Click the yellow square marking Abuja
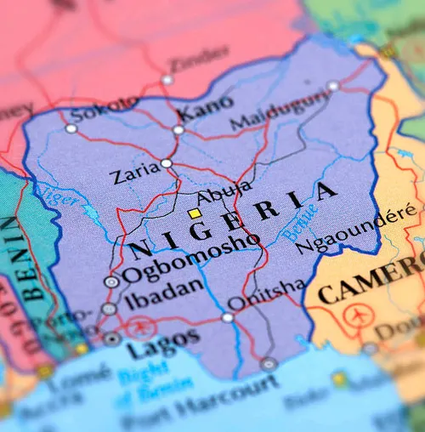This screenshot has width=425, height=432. pyautogui.click(x=195, y=213)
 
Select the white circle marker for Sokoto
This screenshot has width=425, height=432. pyautogui.click(x=71, y=128)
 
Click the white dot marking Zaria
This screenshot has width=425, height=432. pyautogui.click(x=167, y=162)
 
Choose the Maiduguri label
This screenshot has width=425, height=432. pyautogui.click(x=268, y=113)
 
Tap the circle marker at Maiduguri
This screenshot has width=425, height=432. pyautogui.click(x=333, y=86)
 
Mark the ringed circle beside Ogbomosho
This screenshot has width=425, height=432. pyautogui.click(x=111, y=281)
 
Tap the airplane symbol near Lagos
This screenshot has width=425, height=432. pyautogui.click(x=139, y=326)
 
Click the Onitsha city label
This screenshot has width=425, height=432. pyautogui.click(x=265, y=294)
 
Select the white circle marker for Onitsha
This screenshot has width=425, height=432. pyautogui.click(x=228, y=317)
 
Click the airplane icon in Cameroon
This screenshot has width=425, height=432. pyautogui.click(x=355, y=317)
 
